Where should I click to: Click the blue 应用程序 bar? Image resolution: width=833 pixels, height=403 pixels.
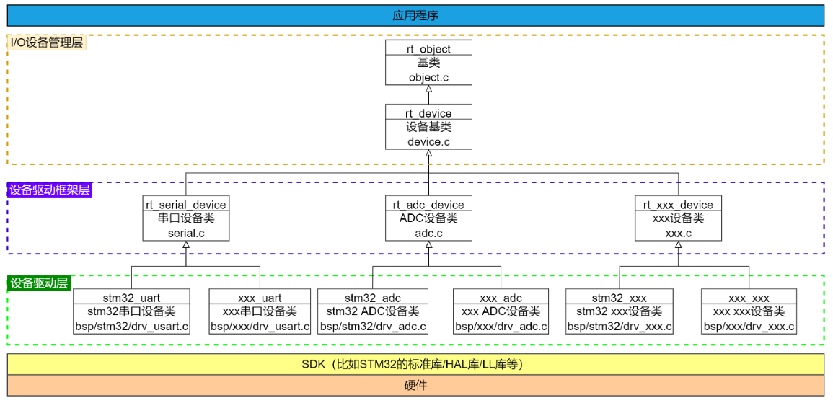coord(415,16)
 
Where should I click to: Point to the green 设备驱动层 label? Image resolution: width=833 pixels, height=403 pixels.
coord(40,283)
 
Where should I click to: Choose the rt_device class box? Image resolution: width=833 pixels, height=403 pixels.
coord(428,128)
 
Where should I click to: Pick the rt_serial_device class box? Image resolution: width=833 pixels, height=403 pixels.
coord(186,218)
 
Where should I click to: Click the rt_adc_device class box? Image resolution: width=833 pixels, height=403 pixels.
coord(428,218)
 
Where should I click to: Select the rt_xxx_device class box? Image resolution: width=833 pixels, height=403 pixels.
coord(679,218)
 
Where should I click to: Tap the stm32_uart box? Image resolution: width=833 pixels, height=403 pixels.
coord(131,311)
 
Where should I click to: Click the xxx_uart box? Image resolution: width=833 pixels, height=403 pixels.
coord(260,311)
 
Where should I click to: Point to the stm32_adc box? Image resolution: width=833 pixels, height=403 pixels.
coord(373,311)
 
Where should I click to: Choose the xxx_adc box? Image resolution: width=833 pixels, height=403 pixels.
coord(501,311)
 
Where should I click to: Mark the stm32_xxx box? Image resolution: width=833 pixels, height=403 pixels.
coord(620,311)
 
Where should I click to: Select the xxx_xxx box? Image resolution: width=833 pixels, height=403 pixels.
coord(749,311)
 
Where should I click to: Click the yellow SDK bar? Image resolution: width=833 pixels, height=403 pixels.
coord(415,364)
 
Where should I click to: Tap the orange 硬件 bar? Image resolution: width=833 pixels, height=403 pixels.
coord(415,386)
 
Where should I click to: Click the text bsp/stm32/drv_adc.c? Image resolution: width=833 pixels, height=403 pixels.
coord(373,326)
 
